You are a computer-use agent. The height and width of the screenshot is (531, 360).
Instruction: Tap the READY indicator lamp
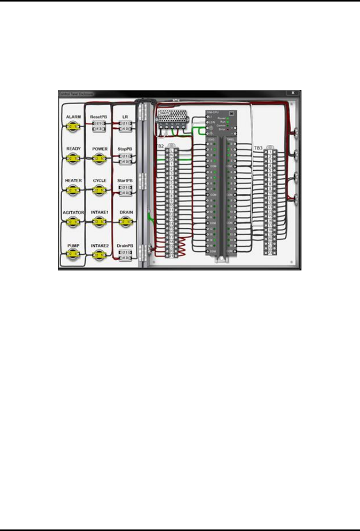73,158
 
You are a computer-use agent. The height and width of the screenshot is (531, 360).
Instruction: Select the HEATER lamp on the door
73,190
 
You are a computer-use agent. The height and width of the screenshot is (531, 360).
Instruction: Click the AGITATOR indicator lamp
73,222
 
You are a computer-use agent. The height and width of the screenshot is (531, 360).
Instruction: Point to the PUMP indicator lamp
73,254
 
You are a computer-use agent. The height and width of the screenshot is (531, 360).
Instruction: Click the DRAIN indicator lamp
126,222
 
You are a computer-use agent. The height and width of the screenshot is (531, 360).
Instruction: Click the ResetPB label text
99,117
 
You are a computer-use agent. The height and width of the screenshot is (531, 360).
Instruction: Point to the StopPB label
125,149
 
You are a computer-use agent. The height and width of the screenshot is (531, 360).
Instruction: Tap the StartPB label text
125,180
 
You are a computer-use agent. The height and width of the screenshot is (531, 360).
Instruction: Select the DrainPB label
125,246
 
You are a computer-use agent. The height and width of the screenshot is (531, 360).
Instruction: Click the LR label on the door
125,117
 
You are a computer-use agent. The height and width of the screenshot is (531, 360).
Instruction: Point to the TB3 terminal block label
258,148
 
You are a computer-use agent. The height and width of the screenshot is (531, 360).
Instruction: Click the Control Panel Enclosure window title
76,94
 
